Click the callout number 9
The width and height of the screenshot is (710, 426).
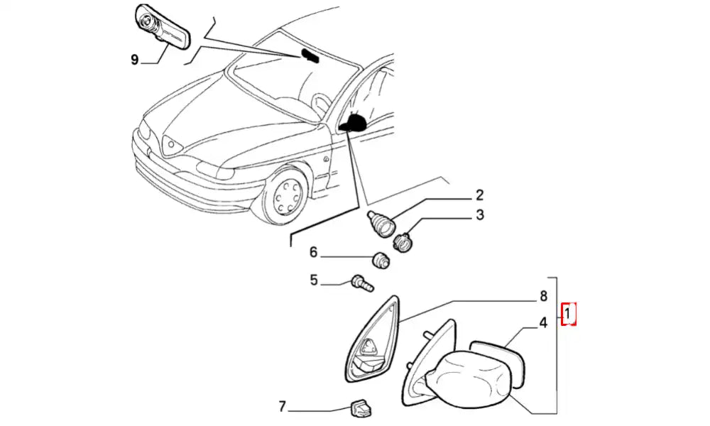(x=134, y=60)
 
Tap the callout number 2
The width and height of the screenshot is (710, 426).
(x=479, y=195)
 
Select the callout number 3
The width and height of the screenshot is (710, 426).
(x=480, y=215)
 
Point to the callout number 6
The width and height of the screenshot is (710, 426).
(x=313, y=253)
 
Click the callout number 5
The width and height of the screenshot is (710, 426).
(x=313, y=280)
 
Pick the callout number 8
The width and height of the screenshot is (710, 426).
(x=543, y=295)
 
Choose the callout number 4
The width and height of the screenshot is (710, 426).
(x=542, y=324)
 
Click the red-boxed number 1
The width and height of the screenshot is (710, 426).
(x=569, y=313)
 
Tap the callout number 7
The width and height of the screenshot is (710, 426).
(x=282, y=407)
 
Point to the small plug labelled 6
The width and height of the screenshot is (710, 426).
(x=383, y=261)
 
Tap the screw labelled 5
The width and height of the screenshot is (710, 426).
(x=361, y=284)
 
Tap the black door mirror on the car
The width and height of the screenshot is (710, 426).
(x=353, y=124)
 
